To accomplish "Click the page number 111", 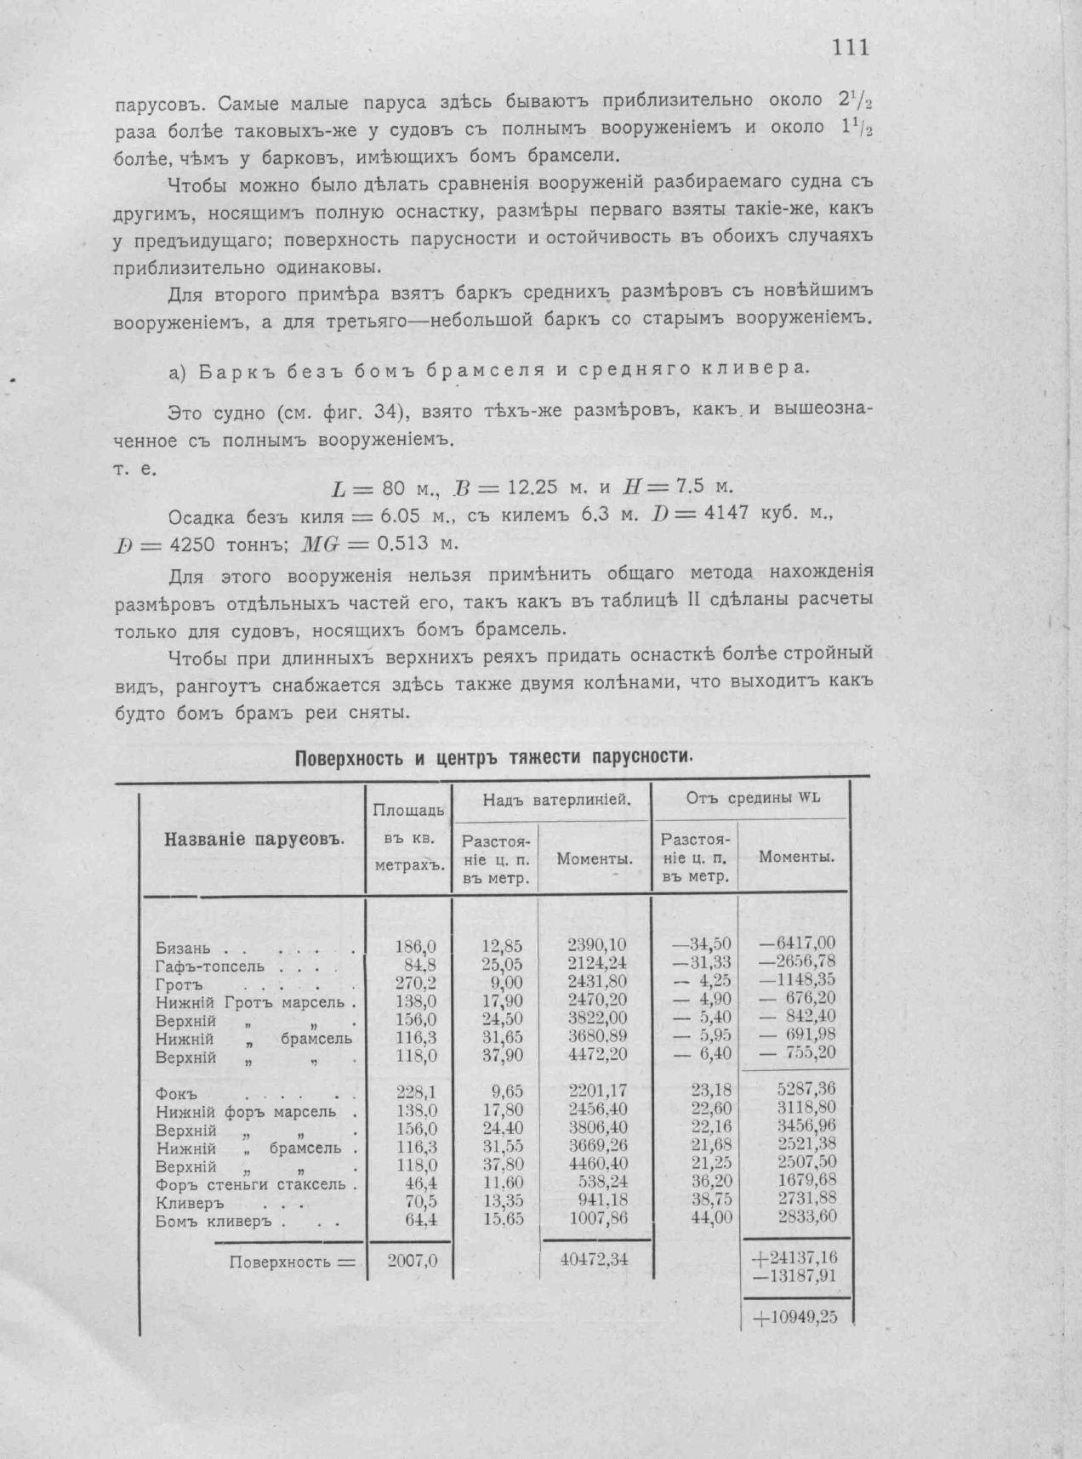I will pyautogui.click(x=851, y=48).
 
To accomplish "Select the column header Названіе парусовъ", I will pyautogui.click(x=253, y=839).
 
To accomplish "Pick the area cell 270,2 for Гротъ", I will pyautogui.click(x=418, y=983).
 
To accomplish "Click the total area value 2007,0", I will pyautogui.click(x=413, y=1261).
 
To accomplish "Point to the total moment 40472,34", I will pyautogui.click(x=595, y=1259).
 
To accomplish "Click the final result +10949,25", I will pyautogui.click(x=794, y=1317).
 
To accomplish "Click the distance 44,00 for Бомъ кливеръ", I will pyautogui.click(x=711, y=1217).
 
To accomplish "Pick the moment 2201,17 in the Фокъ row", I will pyautogui.click(x=596, y=1091).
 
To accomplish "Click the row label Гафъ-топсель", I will pyautogui.click(x=209, y=966).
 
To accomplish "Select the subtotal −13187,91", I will pyautogui.click(x=795, y=1276).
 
